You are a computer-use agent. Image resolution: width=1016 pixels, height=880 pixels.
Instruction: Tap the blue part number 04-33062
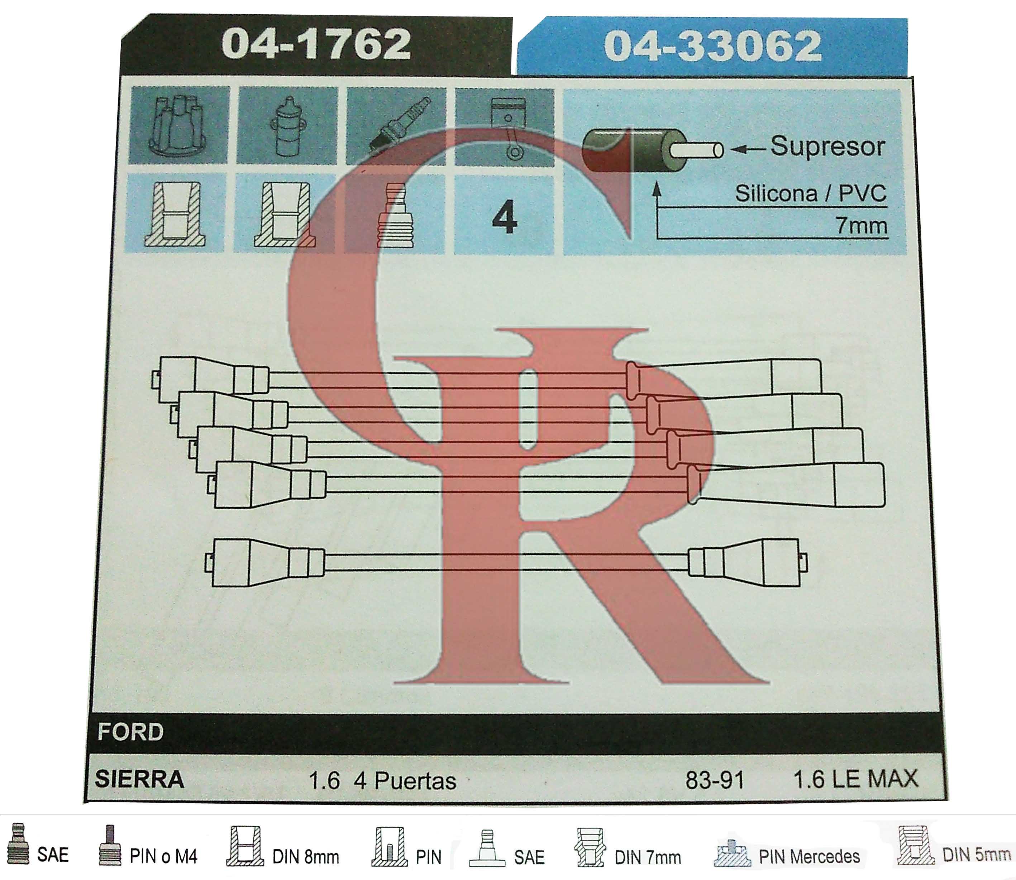pyautogui.click(x=713, y=46)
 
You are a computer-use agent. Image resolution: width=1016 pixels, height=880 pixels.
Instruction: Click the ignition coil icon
pyautogui.click(x=287, y=126)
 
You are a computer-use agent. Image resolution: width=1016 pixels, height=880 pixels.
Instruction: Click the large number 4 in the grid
pyautogui.click(x=505, y=217)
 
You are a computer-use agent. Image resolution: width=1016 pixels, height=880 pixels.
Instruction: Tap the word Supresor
pyautogui.click(x=828, y=146)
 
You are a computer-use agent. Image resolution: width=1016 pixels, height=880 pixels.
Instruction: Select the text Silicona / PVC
pyautogui.click(x=811, y=193)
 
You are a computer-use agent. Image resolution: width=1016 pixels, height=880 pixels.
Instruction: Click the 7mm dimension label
pyautogui.click(x=862, y=226)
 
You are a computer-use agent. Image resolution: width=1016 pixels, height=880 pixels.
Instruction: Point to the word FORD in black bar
pyautogui.click(x=130, y=732)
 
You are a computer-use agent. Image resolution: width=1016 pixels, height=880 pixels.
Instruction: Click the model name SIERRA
pyautogui.click(x=139, y=779)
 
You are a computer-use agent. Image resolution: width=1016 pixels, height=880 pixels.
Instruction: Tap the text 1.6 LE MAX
pyautogui.click(x=856, y=779)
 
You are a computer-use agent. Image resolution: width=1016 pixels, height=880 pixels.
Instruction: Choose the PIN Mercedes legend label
pyautogui.click(x=809, y=856)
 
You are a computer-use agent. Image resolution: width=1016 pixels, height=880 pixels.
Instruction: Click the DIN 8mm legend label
pyautogui.click(x=306, y=857)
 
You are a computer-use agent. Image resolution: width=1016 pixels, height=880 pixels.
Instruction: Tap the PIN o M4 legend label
pyautogui.click(x=163, y=856)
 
